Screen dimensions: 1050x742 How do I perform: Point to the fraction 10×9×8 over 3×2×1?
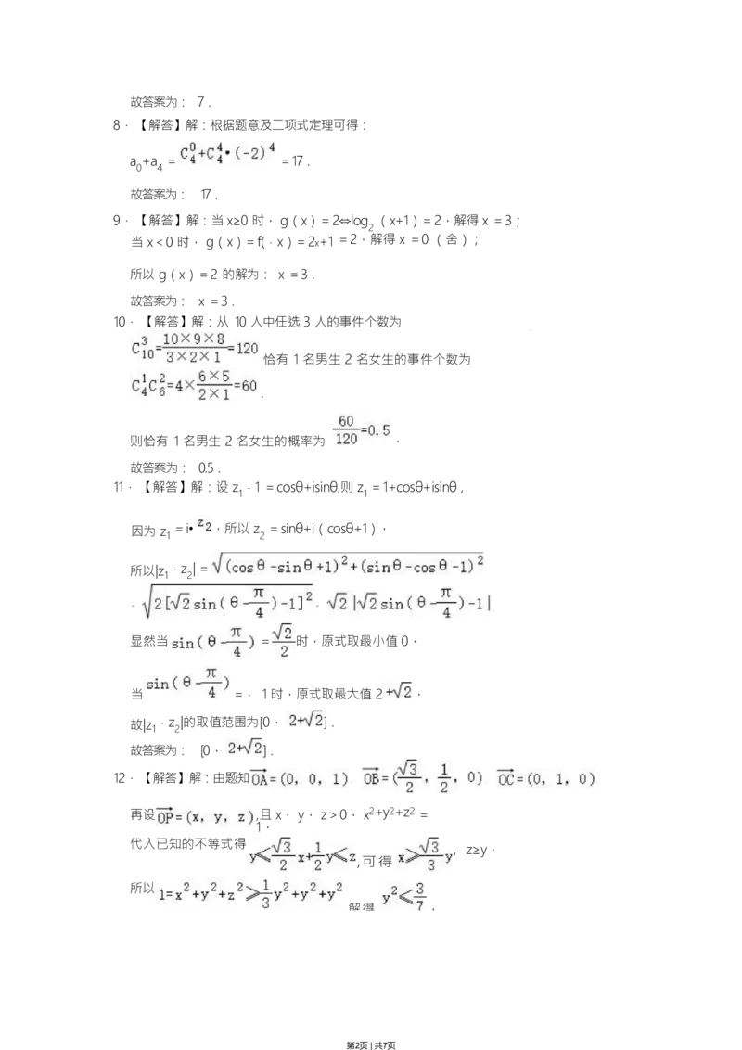194,349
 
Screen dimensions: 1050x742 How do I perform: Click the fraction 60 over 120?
346,430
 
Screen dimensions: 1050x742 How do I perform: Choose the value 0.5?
377,430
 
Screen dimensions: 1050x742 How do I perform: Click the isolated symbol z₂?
204,525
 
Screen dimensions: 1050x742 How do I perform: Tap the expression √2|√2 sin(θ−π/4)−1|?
411,604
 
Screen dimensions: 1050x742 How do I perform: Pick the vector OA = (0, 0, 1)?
300,780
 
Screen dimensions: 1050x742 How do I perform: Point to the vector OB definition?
423,777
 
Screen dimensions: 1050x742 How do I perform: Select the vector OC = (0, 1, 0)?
545,780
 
